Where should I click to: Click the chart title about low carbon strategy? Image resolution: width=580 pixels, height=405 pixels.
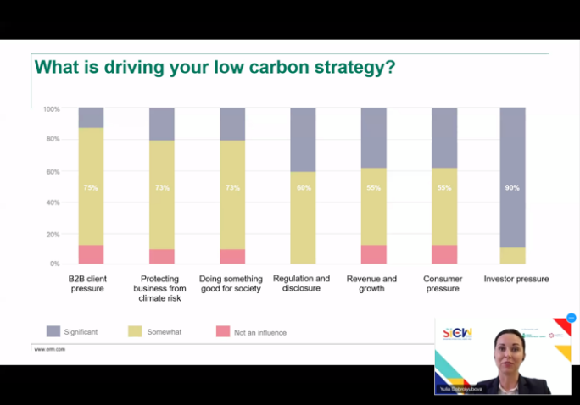click(x=214, y=67)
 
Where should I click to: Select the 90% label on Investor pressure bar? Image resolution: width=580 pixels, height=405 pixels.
click(x=513, y=187)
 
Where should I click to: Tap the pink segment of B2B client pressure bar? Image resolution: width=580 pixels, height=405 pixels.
click(x=91, y=254)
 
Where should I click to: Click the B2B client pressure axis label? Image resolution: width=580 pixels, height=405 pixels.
click(x=87, y=283)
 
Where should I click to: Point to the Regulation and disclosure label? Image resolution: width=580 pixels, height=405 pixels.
click(x=301, y=283)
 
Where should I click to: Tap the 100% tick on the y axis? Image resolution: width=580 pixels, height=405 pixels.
click(x=51, y=109)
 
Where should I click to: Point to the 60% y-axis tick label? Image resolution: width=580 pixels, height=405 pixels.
click(x=53, y=172)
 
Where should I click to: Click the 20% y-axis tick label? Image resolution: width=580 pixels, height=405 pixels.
click(x=53, y=234)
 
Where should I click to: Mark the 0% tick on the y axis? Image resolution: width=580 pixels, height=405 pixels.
click(x=54, y=264)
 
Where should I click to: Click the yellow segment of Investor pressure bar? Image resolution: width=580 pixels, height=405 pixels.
click(x=513, y=255)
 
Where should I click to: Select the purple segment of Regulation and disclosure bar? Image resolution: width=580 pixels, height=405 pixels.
click(x=303, y=140)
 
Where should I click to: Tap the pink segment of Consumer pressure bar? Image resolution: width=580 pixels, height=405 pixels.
click(x=444, y=254)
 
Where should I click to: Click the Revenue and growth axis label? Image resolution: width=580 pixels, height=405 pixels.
click(x=371, y=283)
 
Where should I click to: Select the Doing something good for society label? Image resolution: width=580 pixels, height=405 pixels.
click(x=231, y=283)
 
